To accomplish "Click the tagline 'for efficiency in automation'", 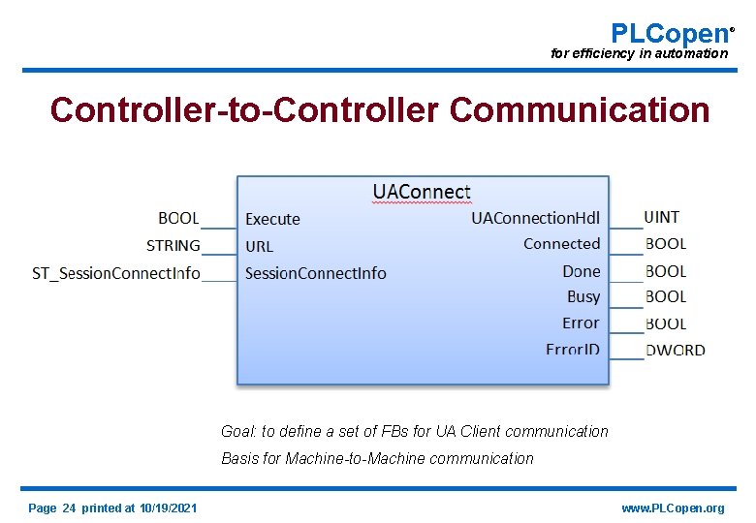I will coord(639,53).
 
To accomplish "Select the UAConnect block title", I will coord(422,192).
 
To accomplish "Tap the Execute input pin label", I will coord(272,219).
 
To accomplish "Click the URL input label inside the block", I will coord(259,246).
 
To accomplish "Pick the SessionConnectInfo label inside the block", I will coord(315,273).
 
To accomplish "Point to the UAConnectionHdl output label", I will coord(535,218).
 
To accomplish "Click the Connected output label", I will coord(561,244).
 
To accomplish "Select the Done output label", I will coord(581,271).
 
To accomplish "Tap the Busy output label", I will coord(583,296).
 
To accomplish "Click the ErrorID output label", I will coord(572,350).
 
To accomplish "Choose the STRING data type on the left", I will coord(173,246).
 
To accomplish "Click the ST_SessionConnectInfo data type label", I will coord(116,273).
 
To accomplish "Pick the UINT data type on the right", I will coord(662,217).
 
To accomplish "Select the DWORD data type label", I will coord(675,350).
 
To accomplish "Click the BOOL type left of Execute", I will coord(178,219).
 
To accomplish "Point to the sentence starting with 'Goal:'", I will coord(415,431).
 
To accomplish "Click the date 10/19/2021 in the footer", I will coord(168,508).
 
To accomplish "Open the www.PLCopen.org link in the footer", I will coord(673,508).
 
